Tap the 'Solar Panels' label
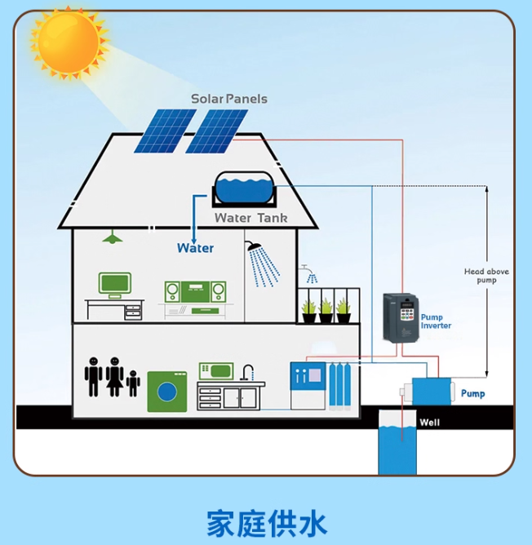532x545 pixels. [x=229, y=99]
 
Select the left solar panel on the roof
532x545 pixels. [x=165, y=131]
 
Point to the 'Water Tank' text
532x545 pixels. [x=250, y=218]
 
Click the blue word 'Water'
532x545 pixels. [x=195, y=248]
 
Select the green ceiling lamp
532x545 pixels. [x=113, y=237]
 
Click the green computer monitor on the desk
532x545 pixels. [x=115, y=284]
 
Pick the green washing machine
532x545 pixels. [x=166, y=392]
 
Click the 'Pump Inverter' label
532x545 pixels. [x=436, y=321]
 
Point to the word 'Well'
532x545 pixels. [x=429, y=423]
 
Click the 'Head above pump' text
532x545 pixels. [x=486, y=276]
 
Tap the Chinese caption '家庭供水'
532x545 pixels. [x=266, y=522]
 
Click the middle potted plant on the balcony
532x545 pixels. [x=326, y=308]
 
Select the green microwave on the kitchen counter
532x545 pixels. [x=215, y=370]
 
